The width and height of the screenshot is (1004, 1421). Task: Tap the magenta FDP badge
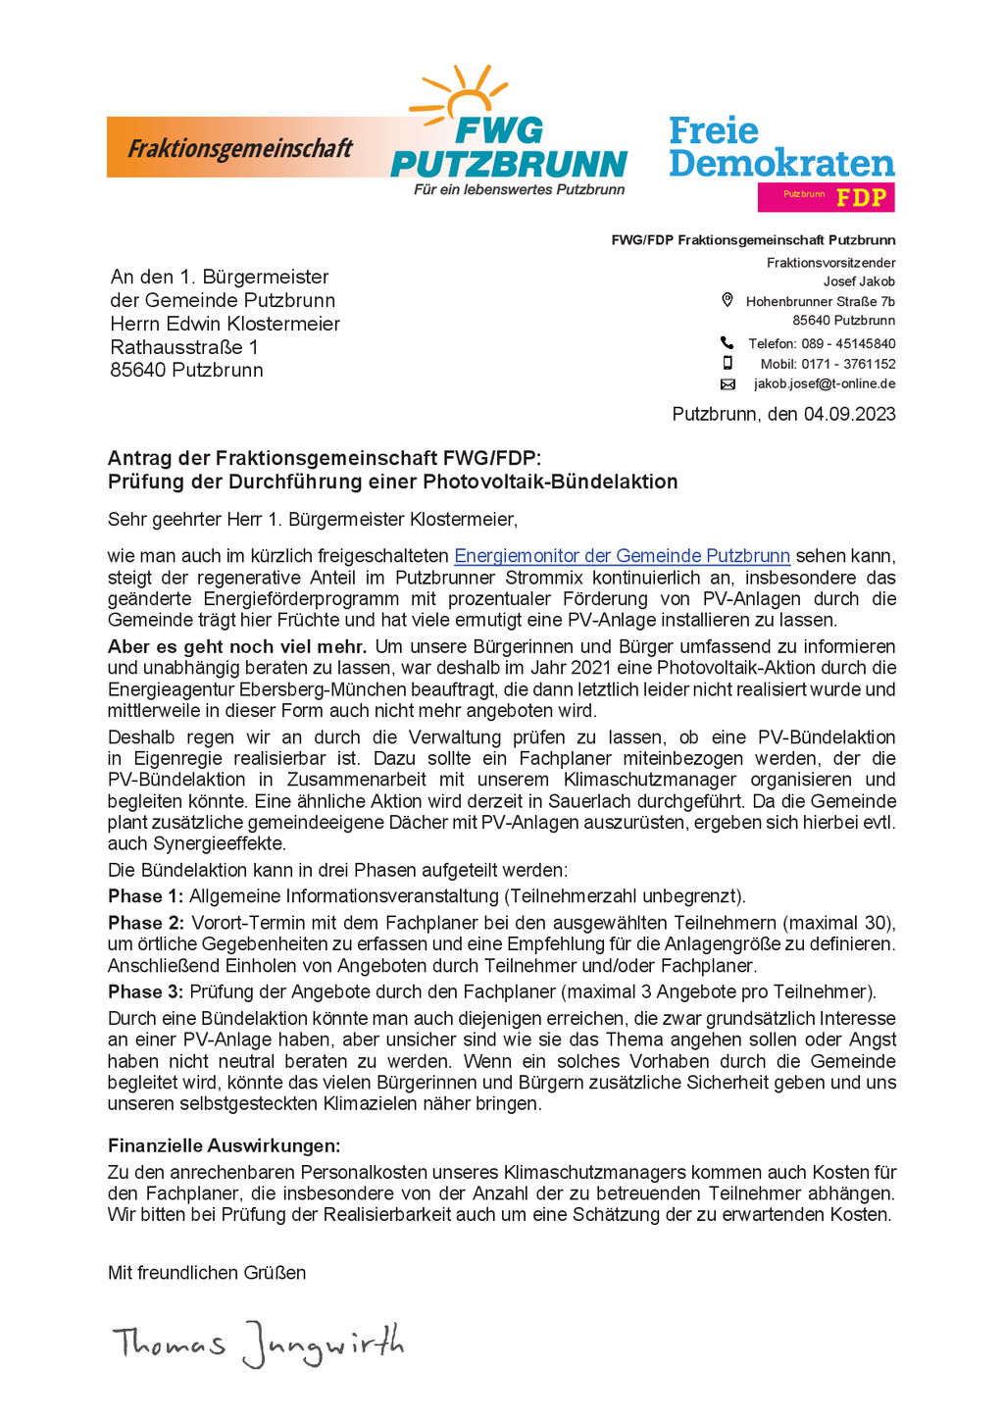(826, 197)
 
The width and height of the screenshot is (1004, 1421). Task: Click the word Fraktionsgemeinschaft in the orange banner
(240, 149)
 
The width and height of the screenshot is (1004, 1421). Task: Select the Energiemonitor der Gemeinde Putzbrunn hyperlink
(622, 556)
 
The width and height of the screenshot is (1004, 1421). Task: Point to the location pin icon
(728, 300)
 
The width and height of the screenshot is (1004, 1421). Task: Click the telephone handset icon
(727, 342)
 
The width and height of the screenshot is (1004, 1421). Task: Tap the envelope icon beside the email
(728, 384)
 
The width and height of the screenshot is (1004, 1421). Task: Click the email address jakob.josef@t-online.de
(825, 384)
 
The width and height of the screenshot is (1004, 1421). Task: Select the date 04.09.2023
(849, 414)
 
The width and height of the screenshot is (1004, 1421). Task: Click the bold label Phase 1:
(145, 896)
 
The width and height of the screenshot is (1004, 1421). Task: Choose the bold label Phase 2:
(145, 923)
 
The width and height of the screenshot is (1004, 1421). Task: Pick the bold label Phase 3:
(145, 991)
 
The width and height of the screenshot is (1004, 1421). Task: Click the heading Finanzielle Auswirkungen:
(224, 1145)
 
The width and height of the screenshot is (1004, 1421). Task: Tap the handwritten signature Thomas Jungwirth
(258, 1343)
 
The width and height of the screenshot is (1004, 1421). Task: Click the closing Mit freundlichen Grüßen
(207, 1273)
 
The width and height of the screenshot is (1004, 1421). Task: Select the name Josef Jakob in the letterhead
(859, 281)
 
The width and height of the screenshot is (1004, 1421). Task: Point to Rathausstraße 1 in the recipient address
(184, 347)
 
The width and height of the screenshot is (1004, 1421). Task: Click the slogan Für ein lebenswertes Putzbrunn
(519, 189)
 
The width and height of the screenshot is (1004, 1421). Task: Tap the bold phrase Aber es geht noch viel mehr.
(237, 646)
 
